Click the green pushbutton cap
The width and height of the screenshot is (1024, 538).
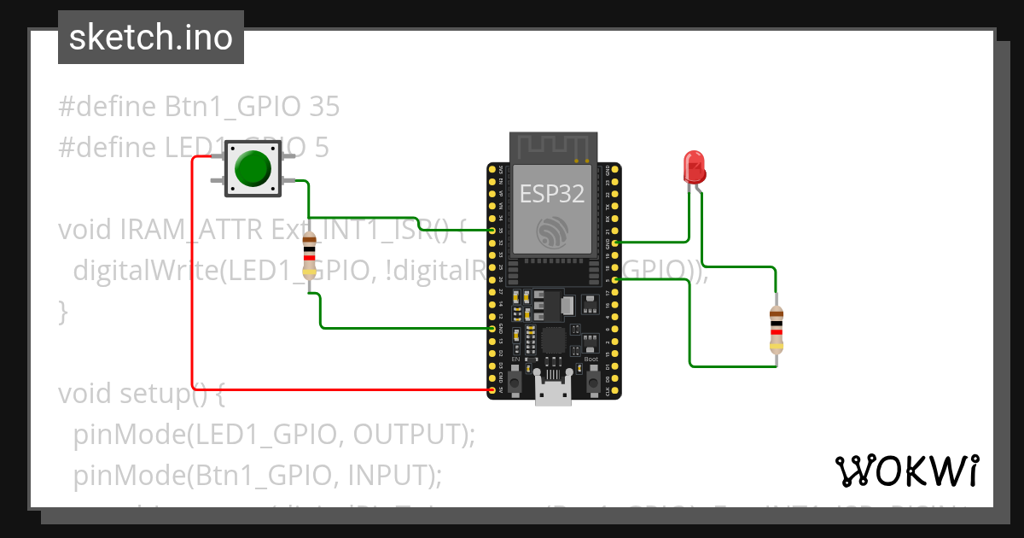pyautogui.click(x=253, y=168)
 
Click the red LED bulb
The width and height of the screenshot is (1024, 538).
pyautogui.click(x=695, y=167)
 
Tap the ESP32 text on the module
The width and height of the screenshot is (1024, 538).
pyautogui.click(x=553, y=194)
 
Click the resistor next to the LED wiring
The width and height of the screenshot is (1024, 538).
pyautogui.click(x=776, y=330)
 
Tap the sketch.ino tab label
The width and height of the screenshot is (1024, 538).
pyautogui.click(x=150, y=38)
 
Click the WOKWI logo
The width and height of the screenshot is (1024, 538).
pyautogui.click(x=906, y=471)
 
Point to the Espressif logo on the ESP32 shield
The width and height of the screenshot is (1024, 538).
pyautogui.click(x=553, y=231)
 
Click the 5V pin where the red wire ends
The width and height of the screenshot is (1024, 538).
pyautogui.click(x=492, y=390)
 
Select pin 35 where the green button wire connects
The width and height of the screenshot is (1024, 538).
pyautogui.click(x=492, y=231)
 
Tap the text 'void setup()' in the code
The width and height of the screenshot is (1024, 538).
pyautogui.click(x=141, y=394)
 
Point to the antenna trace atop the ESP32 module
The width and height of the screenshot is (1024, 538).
pyautogui.click(x=553, y=148)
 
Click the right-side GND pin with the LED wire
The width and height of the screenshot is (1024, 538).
pyautogui.click(x=614, y=243)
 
